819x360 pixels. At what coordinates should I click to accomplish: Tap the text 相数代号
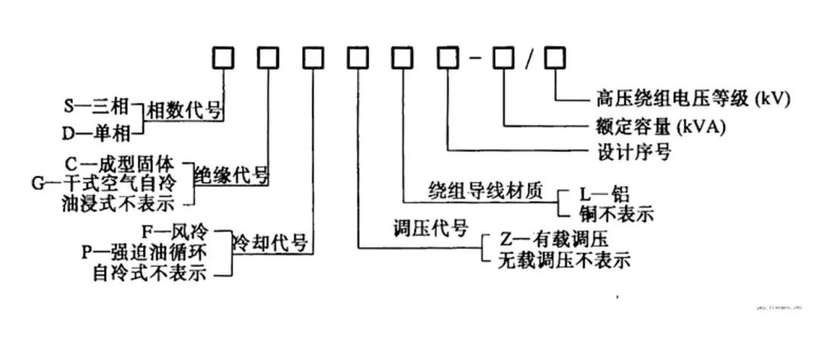(x=184, y=111)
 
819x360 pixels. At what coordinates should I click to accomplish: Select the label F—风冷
(x=175, y=231)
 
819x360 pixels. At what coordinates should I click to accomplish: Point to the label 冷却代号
(x=270, y=243)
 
